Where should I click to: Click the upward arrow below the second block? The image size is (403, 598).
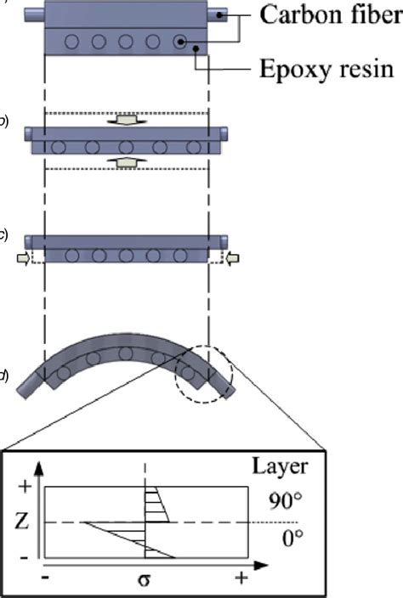(x=126, y=161)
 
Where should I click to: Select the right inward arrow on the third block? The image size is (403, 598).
(x=234, y=256)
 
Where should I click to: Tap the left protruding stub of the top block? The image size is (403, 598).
(x=34, y=14)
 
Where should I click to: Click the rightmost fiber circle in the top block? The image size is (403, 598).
(x=179, y=41)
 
